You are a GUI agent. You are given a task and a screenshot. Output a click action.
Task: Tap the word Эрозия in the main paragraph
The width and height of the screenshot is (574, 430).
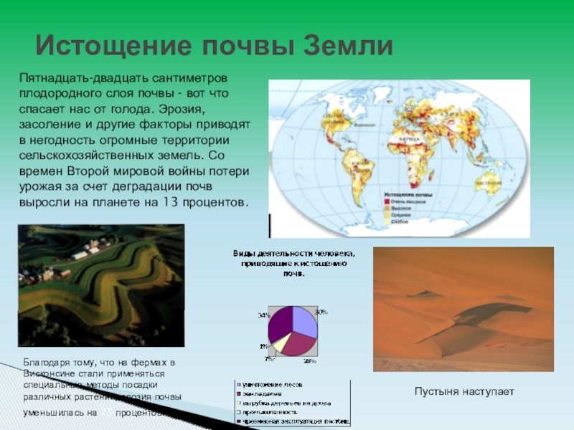(180, 111)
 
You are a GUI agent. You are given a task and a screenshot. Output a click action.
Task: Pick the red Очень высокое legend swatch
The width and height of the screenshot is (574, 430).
(387, 201)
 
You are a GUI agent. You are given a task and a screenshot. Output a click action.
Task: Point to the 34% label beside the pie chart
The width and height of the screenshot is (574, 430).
(263, 315)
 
